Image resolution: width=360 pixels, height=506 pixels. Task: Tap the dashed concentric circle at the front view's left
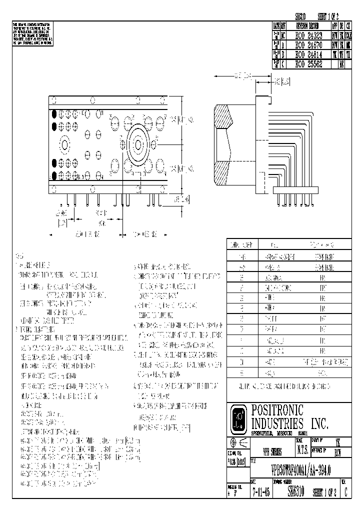click(x=64, y=145)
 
